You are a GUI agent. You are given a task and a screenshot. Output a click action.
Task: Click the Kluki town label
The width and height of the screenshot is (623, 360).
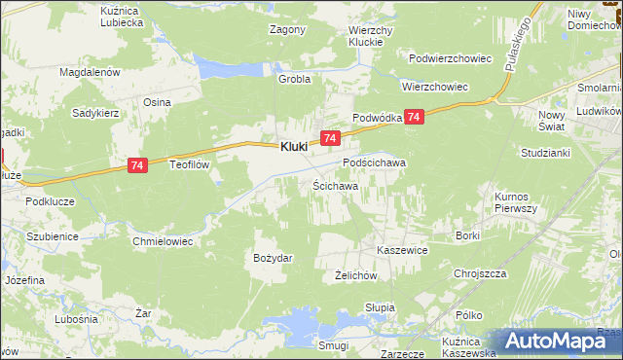point(294,147)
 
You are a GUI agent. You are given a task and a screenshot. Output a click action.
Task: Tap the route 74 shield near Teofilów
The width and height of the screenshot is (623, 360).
point(137,167)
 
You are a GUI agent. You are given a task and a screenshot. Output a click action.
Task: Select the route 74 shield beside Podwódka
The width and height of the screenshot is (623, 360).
point(415,117)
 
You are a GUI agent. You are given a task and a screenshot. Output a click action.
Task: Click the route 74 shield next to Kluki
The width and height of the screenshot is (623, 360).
point(331,140)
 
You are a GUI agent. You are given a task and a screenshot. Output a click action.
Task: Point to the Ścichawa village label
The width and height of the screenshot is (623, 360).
point(335,185)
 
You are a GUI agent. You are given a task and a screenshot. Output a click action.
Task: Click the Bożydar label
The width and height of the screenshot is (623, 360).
point(273,258)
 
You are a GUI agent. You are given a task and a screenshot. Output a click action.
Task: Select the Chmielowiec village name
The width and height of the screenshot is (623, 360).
point(163,240)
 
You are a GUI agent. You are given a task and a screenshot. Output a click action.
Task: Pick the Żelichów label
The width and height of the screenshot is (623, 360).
point(355,276)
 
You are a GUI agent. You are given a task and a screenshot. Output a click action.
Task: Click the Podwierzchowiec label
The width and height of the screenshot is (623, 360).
point(450,58)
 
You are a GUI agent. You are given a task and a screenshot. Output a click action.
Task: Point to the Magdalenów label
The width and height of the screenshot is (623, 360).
point(89,72)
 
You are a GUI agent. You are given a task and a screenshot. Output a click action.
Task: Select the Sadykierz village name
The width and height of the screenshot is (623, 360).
point(95,113)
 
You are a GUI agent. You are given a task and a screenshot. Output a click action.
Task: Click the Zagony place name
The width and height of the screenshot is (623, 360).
point(287,29)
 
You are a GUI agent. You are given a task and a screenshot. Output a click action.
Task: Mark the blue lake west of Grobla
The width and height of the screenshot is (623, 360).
point(227,66)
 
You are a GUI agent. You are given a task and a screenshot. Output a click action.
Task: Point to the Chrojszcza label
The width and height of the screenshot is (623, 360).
point(482,273)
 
